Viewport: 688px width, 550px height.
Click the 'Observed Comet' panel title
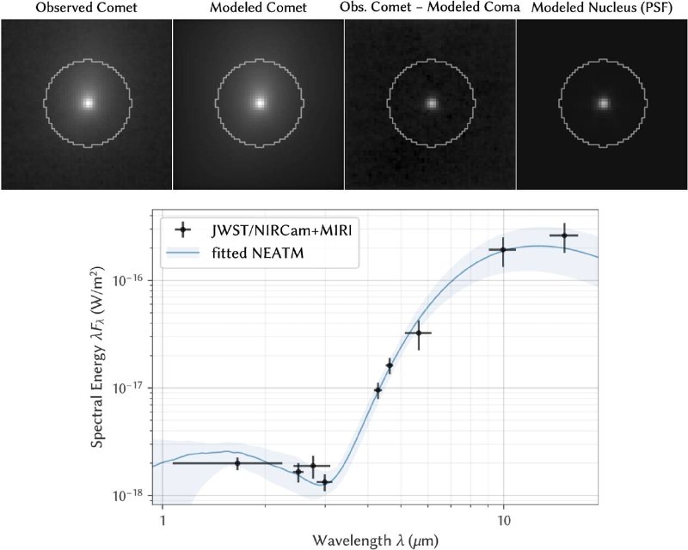[x=87, y=8]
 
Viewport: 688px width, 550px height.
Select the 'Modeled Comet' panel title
[x=258, y=8]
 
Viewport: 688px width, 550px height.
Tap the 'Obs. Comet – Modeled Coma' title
[x=429, y=8]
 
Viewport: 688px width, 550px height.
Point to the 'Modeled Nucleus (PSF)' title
[x=601, y=8]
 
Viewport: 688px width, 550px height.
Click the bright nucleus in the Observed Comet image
[x=89, y=103]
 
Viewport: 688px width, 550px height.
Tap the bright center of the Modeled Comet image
[x=261, y=103]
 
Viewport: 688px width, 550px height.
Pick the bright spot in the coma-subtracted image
[x=433, y=103]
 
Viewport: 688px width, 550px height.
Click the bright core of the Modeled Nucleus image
[x=604, y=103]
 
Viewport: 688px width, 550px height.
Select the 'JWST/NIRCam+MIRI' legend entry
[x=282, y=229]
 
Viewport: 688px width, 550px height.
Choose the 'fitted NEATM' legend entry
[x=257, y=253]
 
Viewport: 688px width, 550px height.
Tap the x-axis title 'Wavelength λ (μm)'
[x=375, y=540]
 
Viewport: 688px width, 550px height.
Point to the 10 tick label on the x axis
[x=504, y=520]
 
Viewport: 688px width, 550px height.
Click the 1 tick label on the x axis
[x=163, y=520]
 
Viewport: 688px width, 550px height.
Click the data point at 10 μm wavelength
[x=503, y=249]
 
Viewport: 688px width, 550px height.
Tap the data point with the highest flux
[x=564, y=235]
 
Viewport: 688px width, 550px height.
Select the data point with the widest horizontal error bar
[x=237, y=462]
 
